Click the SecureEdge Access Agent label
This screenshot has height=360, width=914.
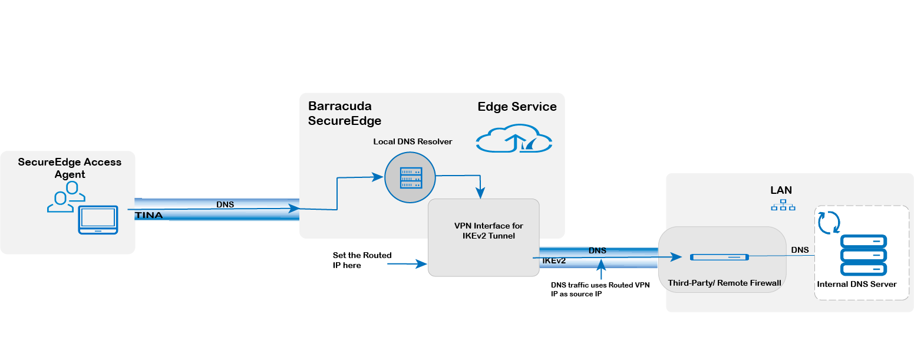coord(70,168)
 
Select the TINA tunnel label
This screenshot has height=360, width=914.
coord(149,216)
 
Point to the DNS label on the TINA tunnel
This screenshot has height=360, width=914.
coord(225,204)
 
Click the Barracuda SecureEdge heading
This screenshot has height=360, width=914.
coord(345,114)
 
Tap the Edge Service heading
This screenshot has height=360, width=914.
coord(517,107)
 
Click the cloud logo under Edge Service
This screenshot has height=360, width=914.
coord(514,140)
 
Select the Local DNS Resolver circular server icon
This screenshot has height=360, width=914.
coord(410,177)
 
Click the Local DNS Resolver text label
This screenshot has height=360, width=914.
coord(413,142)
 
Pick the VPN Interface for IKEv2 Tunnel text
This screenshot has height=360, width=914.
coord(489,230)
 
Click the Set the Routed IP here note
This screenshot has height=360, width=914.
coord(362,260)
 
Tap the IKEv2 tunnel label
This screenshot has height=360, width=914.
coord(553,260)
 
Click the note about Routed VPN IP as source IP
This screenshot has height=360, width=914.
coord(600,289)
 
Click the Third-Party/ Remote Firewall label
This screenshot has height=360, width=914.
coord(724,283)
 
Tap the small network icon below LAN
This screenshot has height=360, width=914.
coord(783,205)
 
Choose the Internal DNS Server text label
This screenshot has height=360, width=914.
coord(857,284)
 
